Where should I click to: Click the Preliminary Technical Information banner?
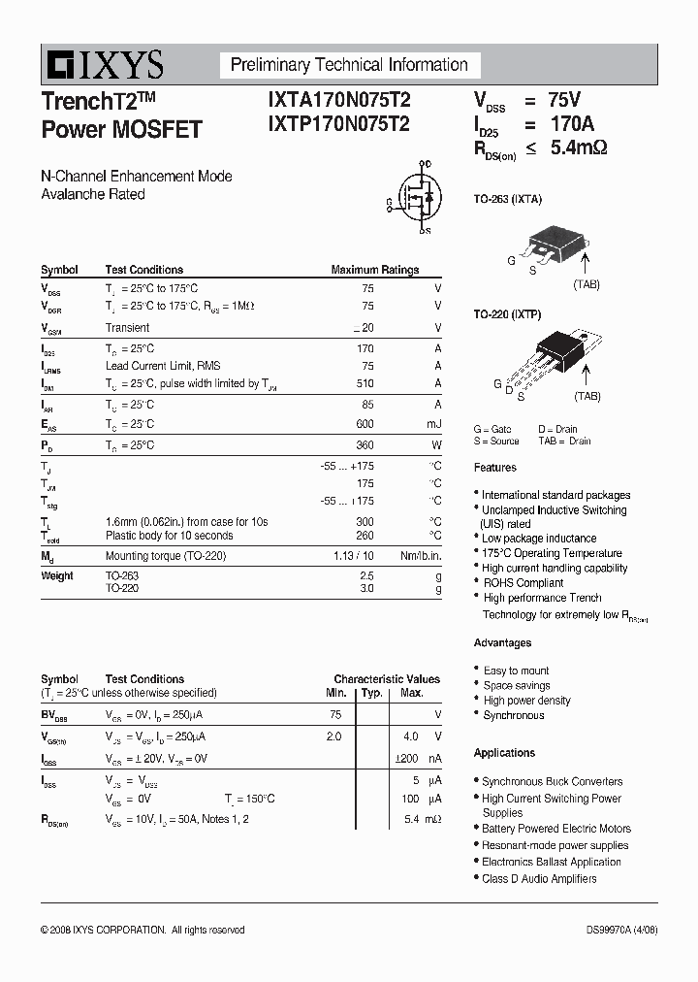[x=349, y=65]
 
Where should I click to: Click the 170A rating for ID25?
[x=571, y=124]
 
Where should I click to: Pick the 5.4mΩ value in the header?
[x=579, y=148]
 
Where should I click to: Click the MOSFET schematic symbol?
[x=417, y=198]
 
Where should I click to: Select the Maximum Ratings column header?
[x=375, y=270]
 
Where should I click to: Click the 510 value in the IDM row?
[x=365, y=384]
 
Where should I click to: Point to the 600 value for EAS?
[x=365, y=424]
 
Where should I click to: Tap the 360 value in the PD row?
[x=365, y=444]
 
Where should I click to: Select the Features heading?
[x=494, y=468]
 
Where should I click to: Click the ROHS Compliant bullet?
[x=523, y=583]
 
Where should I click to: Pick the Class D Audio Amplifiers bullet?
[x=539, y=878]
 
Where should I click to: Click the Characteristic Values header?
[x=387, y=679]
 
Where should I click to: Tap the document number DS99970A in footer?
[x=611, y=930]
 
